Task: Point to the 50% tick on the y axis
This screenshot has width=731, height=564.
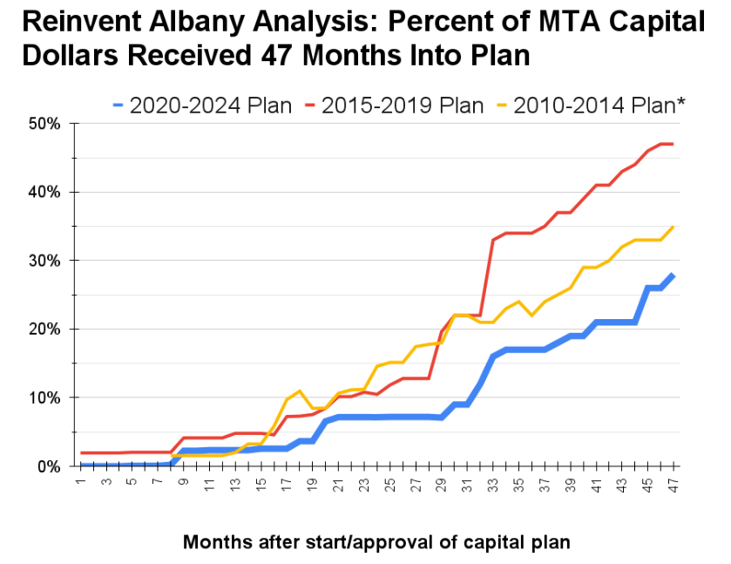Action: coord(44,124)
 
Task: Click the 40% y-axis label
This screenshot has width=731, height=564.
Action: coord(44,193)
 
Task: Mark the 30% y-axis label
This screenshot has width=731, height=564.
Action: coord(44,261)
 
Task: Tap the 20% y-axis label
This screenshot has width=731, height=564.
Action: coord(44,330)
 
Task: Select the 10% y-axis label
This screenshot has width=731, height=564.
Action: coord(44,398)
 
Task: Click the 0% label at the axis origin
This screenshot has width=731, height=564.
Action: coord(48,466)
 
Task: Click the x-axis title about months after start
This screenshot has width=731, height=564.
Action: coord(376,542)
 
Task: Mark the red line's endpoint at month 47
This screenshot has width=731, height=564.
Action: coord(673,144)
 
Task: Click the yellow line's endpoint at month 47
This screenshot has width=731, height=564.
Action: coord(673,227)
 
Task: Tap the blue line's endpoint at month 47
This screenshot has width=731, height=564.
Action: coord(673,275)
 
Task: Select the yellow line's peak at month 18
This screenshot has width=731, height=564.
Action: coord(300,391)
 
